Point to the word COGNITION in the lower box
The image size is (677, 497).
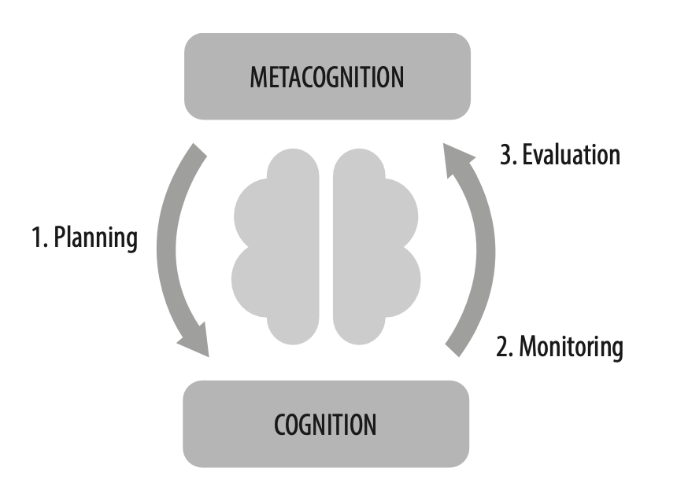pos(325,425)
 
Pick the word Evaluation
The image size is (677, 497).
pos(570,154)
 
